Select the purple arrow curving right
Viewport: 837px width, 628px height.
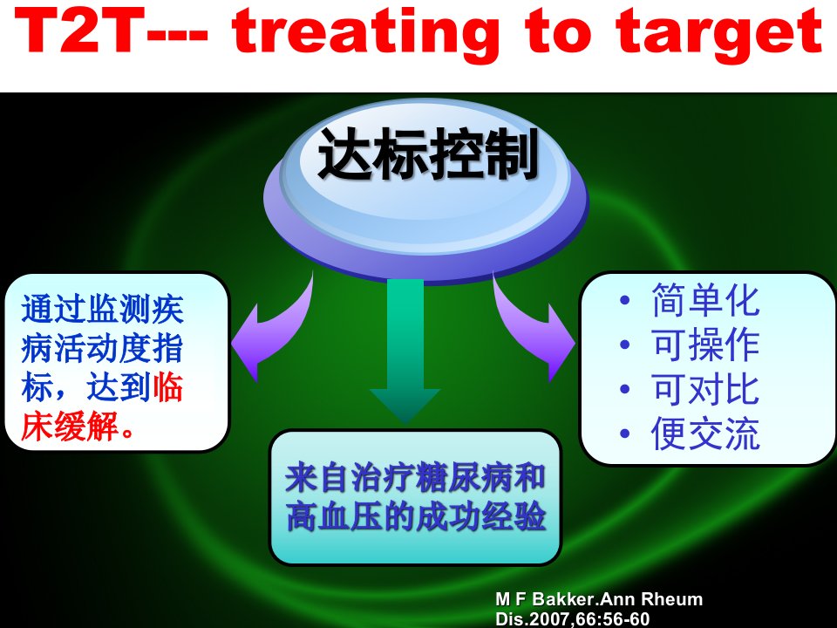[534, 331]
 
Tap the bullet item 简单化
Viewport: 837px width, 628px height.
[705, 300]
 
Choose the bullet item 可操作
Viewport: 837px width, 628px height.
[705, 345]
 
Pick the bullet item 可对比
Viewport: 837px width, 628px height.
[705, 389]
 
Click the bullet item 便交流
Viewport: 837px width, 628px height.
[705, 433]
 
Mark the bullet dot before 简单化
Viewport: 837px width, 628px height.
[625, 300]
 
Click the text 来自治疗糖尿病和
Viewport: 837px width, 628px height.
[415, 478]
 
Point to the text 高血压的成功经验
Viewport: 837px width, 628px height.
[415, 516]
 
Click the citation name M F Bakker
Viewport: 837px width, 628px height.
[544, 599]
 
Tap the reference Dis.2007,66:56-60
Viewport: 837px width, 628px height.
[573, 619]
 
